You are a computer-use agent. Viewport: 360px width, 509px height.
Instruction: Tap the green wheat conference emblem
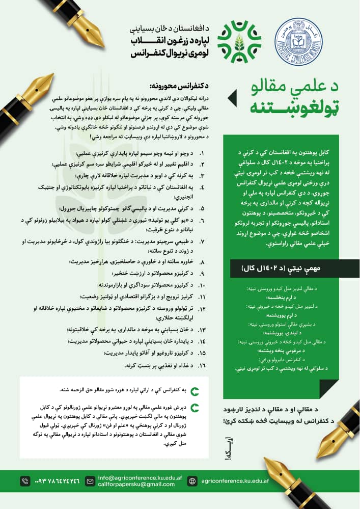[239, 41]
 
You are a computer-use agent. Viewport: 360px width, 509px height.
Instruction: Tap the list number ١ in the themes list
[202, 153]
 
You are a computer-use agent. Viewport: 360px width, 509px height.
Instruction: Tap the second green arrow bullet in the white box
[195, 407]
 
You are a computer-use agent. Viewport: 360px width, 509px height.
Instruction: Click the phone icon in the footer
[25, 481]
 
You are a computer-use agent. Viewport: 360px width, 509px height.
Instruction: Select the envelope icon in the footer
[90, 481]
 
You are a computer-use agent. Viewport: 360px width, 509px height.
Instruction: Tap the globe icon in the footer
[192, 481]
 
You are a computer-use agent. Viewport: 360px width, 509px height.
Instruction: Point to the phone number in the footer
[57, 481]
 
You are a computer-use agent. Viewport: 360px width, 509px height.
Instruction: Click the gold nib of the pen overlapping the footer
[285, 471]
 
